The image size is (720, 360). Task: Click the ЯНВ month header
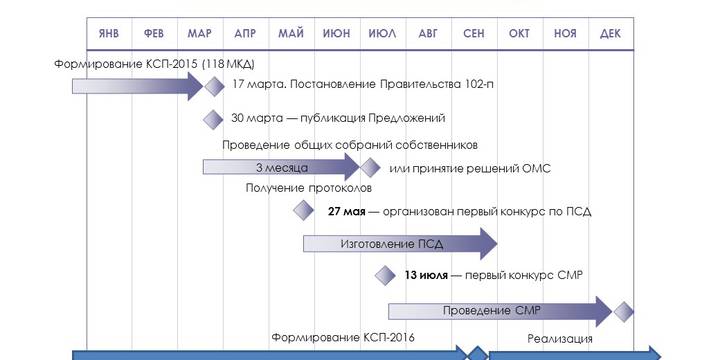click(109, 33)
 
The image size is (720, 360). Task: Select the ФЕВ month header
click(154, 33)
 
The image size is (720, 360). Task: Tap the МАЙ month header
click(291, 33)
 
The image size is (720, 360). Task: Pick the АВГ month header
click(428, 33)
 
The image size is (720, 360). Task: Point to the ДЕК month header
click(610, 33)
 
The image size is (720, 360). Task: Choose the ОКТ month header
click(519, 33)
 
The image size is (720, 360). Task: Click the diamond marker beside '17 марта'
click(213, 86)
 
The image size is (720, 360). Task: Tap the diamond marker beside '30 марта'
click(213, 119)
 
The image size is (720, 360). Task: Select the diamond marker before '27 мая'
click(303, 210)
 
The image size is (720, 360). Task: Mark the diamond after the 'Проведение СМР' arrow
click(624, 311)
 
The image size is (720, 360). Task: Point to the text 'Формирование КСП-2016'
click(343, 337)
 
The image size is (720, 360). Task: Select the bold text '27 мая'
click(346, 211)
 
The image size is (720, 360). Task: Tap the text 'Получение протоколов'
click(308, 188)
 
